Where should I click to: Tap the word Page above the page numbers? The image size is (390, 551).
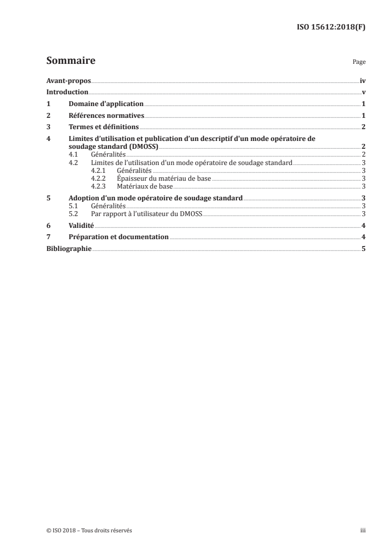click(x=359, y=62)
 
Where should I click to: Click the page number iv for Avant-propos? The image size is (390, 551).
click(x=362, y=81)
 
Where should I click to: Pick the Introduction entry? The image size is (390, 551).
click(x=67, y=92)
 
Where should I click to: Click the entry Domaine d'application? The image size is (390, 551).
click(x=106, y=104)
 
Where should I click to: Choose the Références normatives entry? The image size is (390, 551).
click(x=106, y=116)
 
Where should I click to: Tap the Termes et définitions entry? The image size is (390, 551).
click(x=103, y=127)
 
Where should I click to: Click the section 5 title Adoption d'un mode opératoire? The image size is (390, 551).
click(x=155, y=198)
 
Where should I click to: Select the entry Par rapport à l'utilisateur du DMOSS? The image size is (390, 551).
click(x=147, y=214)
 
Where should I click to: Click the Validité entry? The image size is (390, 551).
click(x=81, y=225)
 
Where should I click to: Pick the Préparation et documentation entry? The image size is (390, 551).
click(x=119, y=237)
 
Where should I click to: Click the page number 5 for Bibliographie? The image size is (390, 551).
click(x=363, y=249)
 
